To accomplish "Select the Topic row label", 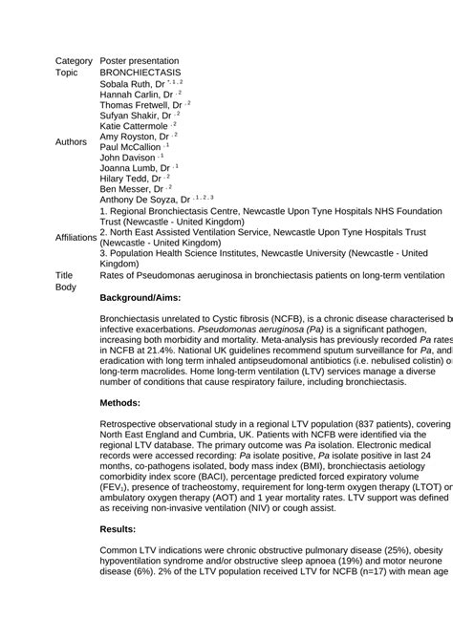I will click(67, 72).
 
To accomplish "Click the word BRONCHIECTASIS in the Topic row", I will click(140, 72).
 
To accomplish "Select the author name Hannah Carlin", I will click(129, 96).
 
